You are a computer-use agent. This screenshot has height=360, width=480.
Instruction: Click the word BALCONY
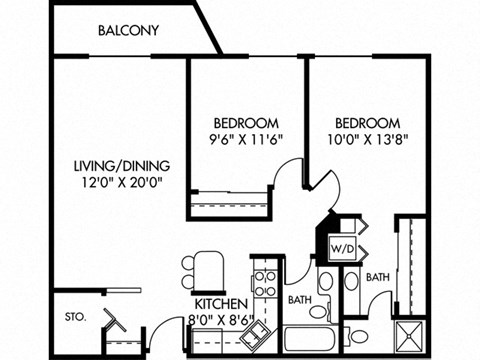click(129, 30)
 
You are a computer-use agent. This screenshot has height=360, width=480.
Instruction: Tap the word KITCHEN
click(220, 302)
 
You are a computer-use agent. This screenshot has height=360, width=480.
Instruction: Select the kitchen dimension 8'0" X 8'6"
click(222, 320)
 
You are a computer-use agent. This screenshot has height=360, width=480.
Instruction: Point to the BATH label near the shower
click(377, 277)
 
